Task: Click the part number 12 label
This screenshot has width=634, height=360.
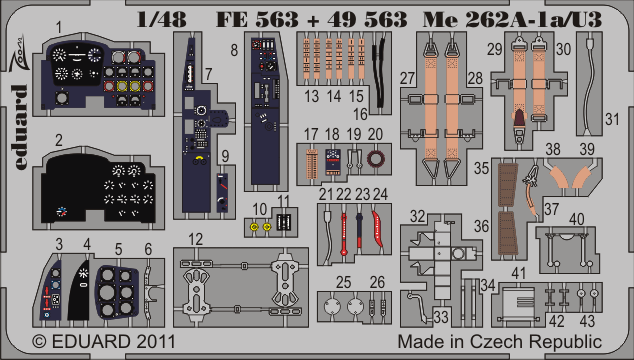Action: point(195,239)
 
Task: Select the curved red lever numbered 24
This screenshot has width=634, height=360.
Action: point(378,229)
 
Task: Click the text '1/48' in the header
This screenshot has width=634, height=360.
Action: point(162,19)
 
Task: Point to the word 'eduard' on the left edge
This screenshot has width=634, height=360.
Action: point(19,127)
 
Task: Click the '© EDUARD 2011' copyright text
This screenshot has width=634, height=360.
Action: point(104,341)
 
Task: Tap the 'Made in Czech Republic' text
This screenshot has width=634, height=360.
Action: point(500,342)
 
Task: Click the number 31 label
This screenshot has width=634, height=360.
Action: point(612,119)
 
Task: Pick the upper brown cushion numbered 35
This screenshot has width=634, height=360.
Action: point(508,183)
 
